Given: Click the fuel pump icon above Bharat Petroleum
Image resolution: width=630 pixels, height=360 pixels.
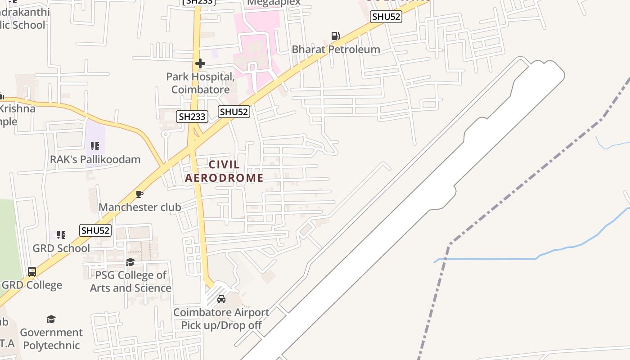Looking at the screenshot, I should pyautogui.click(x=335, y=36).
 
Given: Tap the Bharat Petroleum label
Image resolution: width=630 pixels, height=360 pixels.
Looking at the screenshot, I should pyautogui.click(x=336, y=49).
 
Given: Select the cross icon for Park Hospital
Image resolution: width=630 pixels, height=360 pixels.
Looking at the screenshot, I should pyautogui.click(x=200, y=63).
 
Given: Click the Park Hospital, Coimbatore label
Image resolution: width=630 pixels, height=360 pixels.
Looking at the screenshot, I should pyautogui.click(x=201, y=83).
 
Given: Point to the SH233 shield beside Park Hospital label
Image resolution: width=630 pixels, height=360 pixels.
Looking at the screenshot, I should pyautogui.click(x=192, y=117).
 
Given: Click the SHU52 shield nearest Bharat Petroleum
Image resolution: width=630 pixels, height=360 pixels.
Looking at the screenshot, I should pyautogui.click(x=386, y=17).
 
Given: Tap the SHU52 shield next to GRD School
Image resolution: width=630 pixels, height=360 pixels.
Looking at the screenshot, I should pyautogui.click(x=95, y=230).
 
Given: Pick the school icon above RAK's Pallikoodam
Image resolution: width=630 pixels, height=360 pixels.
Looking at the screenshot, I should pyautogui.click(x=94, y=146).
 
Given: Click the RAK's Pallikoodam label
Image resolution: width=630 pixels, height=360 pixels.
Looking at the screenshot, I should pyautogui.click(x=95, y=159).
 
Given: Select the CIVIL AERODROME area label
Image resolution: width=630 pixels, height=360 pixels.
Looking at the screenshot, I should pyautogui.click(x=224, y=171).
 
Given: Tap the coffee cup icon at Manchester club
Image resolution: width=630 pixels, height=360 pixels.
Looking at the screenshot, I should pyautogui.click(x=139, y=194).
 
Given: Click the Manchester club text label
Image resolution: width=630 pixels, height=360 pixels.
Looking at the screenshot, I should pyautogui.click(x=139, y=207).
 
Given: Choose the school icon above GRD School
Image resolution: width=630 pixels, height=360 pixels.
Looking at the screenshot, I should pyautogui.click(x=61, y=234).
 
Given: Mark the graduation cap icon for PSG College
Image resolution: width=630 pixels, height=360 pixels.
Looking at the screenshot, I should pyautogui.click(x=130, y=261).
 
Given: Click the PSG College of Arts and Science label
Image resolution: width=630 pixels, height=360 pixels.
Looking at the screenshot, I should pyautogui.click(x=130, y=281).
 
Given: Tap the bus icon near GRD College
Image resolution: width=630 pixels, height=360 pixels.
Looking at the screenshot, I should pyautogui.click(x=32, y=272).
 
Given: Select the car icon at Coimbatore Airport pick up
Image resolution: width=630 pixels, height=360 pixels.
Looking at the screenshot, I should pyautogui.click(x=221, y=299).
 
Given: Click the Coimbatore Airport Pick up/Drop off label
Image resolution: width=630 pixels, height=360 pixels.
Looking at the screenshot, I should pyautogui.click(x=221, y=319).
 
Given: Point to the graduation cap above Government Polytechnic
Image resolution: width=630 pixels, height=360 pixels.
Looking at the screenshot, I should pyautogui.click(x=51, y=319).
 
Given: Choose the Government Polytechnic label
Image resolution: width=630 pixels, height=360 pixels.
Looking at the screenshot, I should pyautogui.click(x=51, y=339).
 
